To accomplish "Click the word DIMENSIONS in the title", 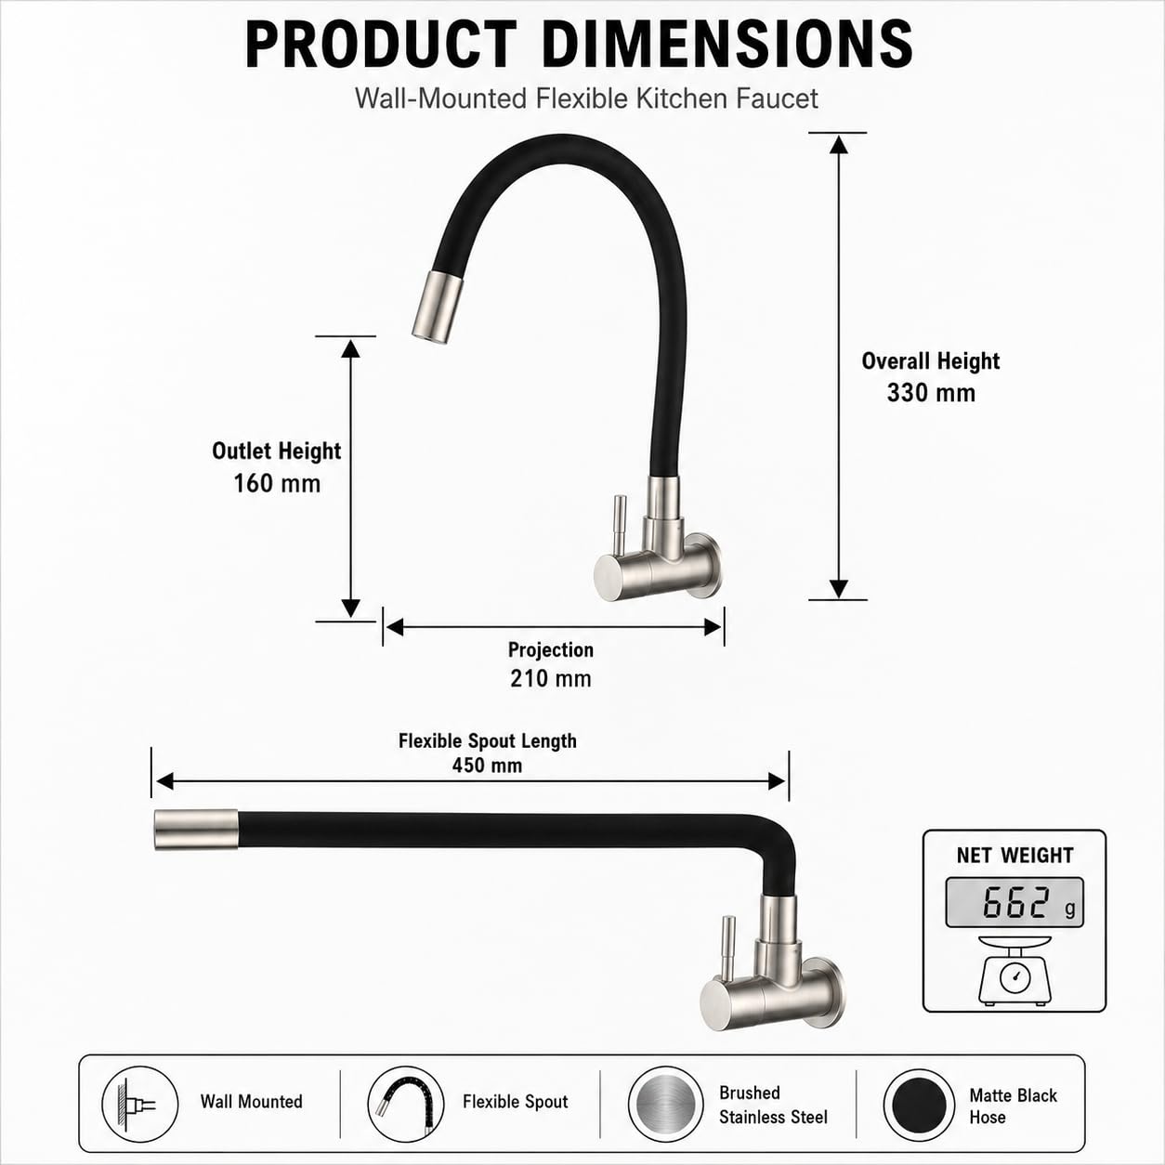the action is pyautogui.click(x=728, y=45).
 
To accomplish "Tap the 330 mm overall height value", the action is pyautogui.click(x=931, y=393).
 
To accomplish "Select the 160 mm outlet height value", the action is pyautogui.click(x=277, y=483).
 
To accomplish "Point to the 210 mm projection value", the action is pyautogui.click(x=550, y=678).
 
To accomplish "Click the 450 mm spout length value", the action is pyautogui.click(x=488, y=766).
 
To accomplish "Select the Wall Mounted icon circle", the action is pyautogui.click(x=139, y=1104).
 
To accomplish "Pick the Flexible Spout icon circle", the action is pyautogui.click(x=405, y=1104).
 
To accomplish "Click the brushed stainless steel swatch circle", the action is pyautogui.click(x=665, y=1104).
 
